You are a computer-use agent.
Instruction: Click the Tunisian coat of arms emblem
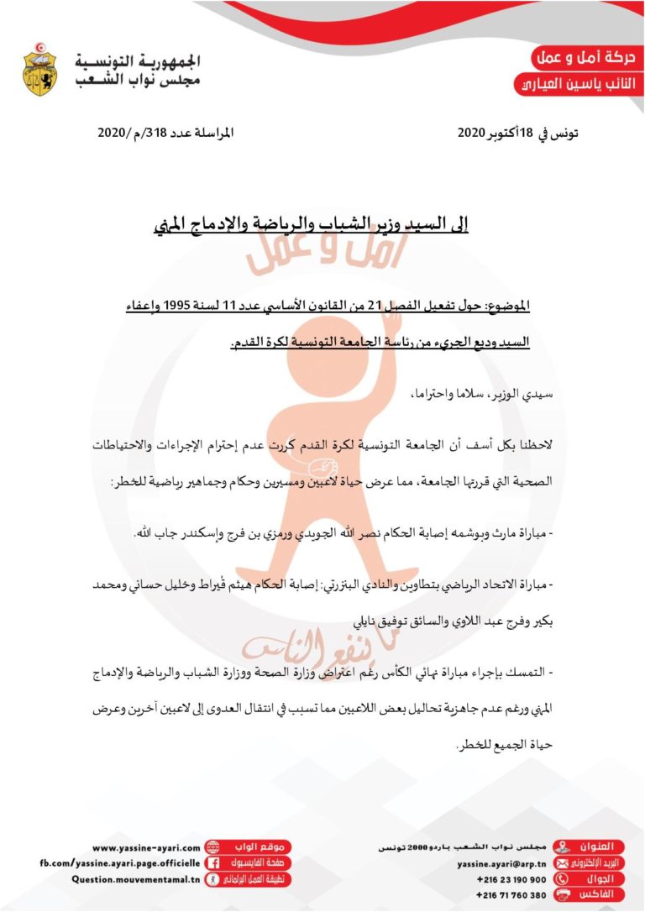tap(39, 70)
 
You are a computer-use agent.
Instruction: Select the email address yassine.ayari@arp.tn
tap(501, 863)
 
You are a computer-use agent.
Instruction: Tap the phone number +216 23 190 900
tap(511, 879)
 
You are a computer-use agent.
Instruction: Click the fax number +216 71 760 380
tap(511, 895)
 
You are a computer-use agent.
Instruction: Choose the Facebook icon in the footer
tap(213, 863)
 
